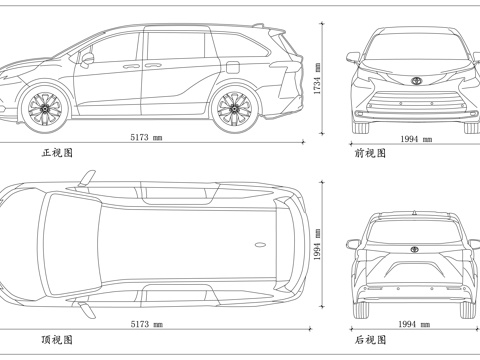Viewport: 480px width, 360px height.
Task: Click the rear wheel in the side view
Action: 234,107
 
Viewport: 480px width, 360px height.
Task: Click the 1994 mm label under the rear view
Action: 413,324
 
